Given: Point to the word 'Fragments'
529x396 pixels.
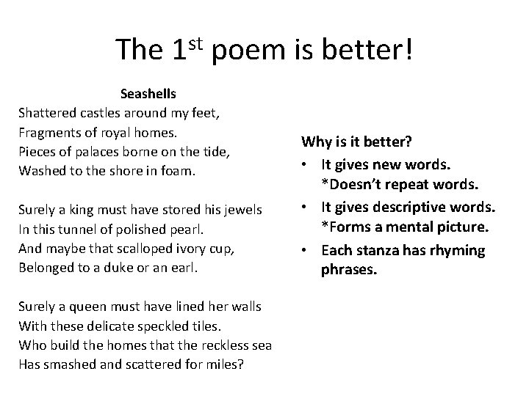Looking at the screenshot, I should tap(50, 133).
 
